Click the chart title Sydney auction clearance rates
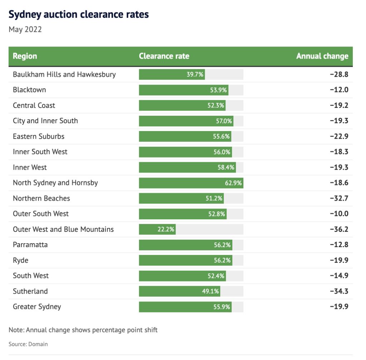(79, 14)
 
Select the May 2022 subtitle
(25, 29)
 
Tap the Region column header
(25, 56)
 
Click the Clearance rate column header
(164, 56)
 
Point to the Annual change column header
(322, 56)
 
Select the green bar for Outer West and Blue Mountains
(157, 229)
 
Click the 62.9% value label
(233, 183)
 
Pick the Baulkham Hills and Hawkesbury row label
(64, 74)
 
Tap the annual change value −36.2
(339, 229)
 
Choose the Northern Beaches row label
(41, 198)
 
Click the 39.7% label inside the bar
(195, 74)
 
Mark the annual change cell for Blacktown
(339, 90)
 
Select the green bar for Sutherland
(179, 291)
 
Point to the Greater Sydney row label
(37, 306)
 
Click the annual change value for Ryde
(339, 260)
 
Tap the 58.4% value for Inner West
(226, 167)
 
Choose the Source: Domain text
(28, 344)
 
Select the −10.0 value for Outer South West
(339, 214)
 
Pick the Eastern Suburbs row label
(39, 136)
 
